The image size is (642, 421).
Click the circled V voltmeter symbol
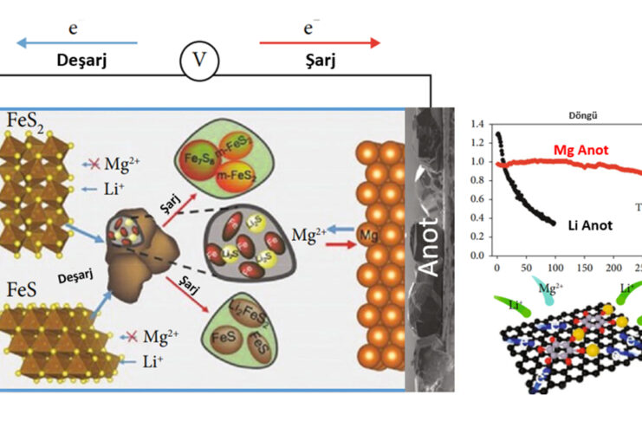(199, 62)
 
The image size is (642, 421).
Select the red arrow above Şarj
(321, 42)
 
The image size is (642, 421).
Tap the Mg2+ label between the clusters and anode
(308, 234)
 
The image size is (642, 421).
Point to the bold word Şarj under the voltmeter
(321, 64)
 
